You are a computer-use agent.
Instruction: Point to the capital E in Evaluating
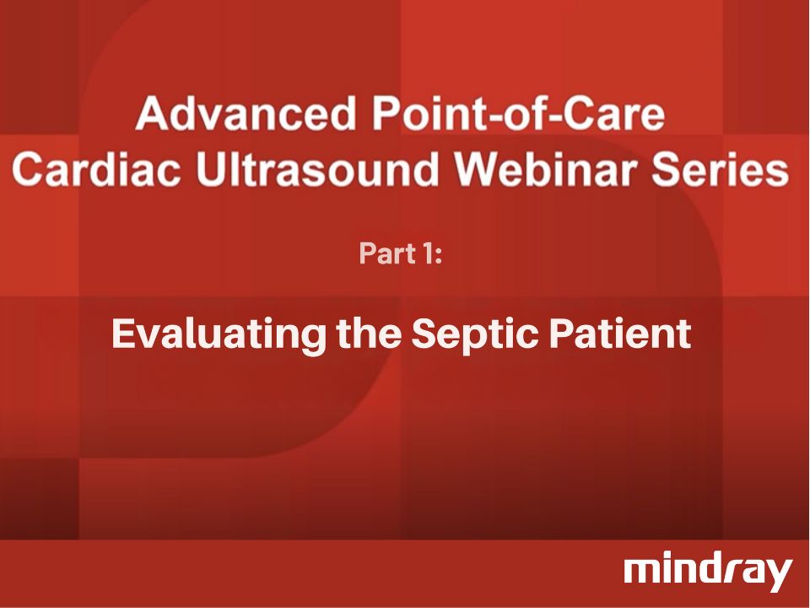(123, 335)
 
